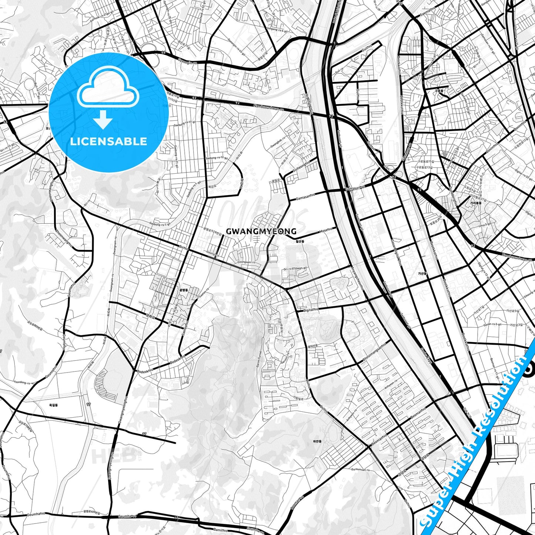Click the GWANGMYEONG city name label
[261, 232]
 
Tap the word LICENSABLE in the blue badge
[108, 141]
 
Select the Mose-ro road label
[326, 230]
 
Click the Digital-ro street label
[310, 310]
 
